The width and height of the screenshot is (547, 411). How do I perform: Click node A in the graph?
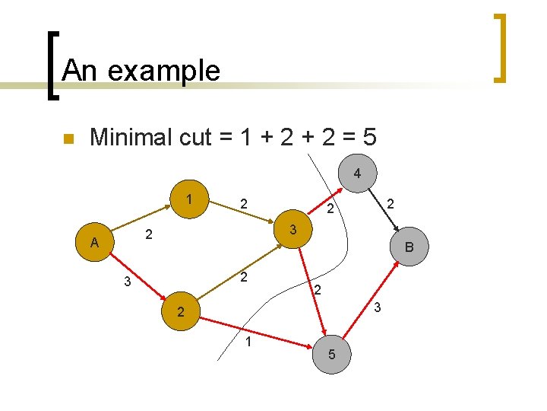(94, 243)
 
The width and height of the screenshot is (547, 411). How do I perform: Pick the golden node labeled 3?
(293, 228)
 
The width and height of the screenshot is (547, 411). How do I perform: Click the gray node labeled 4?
(356, 174)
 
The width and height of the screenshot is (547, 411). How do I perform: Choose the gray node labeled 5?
(331, 355)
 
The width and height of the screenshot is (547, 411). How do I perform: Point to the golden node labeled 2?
(180, 311)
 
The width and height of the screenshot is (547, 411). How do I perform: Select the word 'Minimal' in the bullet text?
(130, 138)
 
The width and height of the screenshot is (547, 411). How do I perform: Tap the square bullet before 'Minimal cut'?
(67, 139)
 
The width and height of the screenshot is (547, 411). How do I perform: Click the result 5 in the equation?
(368, 138)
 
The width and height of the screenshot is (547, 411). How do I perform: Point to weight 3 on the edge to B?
(378, 307)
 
